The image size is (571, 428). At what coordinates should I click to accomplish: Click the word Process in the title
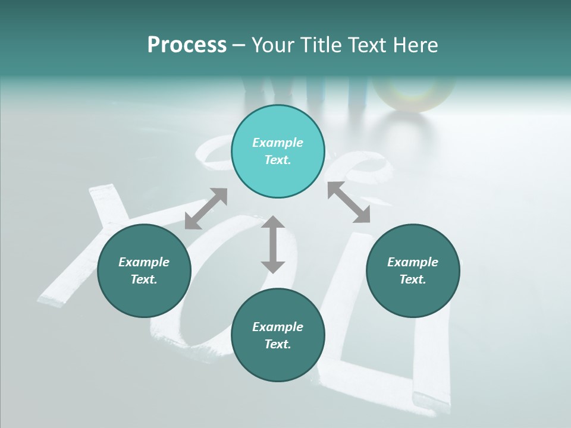click(x=187, y=45)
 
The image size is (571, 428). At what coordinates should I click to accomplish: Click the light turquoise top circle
click(x=278, y=152)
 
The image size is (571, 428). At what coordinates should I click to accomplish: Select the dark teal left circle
click(x=144, y=270)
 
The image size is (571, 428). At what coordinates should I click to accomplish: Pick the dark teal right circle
click(x=413, y=270)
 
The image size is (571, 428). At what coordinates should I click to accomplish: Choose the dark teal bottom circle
click(x=278, y=335)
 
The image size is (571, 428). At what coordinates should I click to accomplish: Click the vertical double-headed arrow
click(x=273, y=244)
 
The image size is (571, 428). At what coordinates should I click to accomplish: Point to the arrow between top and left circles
click(x=206, y=209)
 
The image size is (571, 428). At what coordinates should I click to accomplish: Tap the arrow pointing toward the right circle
click(x=349, y=203)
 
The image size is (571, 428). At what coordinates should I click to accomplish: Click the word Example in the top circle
click(x=278, y=143)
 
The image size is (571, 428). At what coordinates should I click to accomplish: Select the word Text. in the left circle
click(x=144, y=279)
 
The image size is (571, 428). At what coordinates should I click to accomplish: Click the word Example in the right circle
click(x=413, y=262)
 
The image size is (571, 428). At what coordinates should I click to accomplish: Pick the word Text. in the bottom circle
click(x=278, y=344)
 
